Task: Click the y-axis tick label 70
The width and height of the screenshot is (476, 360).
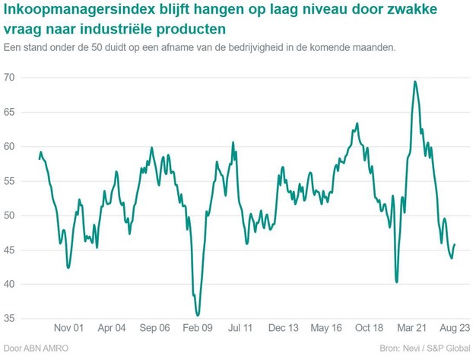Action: click(x=11, y=78)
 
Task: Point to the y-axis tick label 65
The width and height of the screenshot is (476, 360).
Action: click(x=11, y=112)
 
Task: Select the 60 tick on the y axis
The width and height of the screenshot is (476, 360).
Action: click(x=11, y=147)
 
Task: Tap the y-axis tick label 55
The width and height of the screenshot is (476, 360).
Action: click(x=11, y=181)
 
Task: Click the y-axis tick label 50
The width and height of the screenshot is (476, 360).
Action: click(x=11, y=215)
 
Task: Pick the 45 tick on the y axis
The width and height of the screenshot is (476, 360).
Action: click(x=11, y=250)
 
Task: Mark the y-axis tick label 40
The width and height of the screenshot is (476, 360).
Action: click(x=11, y=285)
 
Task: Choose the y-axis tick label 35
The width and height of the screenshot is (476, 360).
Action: click(x=11, y=319)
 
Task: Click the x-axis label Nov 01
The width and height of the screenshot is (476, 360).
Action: click(x=68, y=328)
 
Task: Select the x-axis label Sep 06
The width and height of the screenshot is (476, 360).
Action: click(x=154, y=328)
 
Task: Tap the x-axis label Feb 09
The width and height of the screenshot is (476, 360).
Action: click(x=196, y=328)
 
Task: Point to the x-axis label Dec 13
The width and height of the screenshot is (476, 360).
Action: click(x=283, y=328)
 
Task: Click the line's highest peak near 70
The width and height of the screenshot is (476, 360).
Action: click(x=414, y=81)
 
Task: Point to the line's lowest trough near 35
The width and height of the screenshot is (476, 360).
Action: click(x=198, y=314)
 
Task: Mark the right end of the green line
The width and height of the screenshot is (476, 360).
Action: click(x=455, y=244)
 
